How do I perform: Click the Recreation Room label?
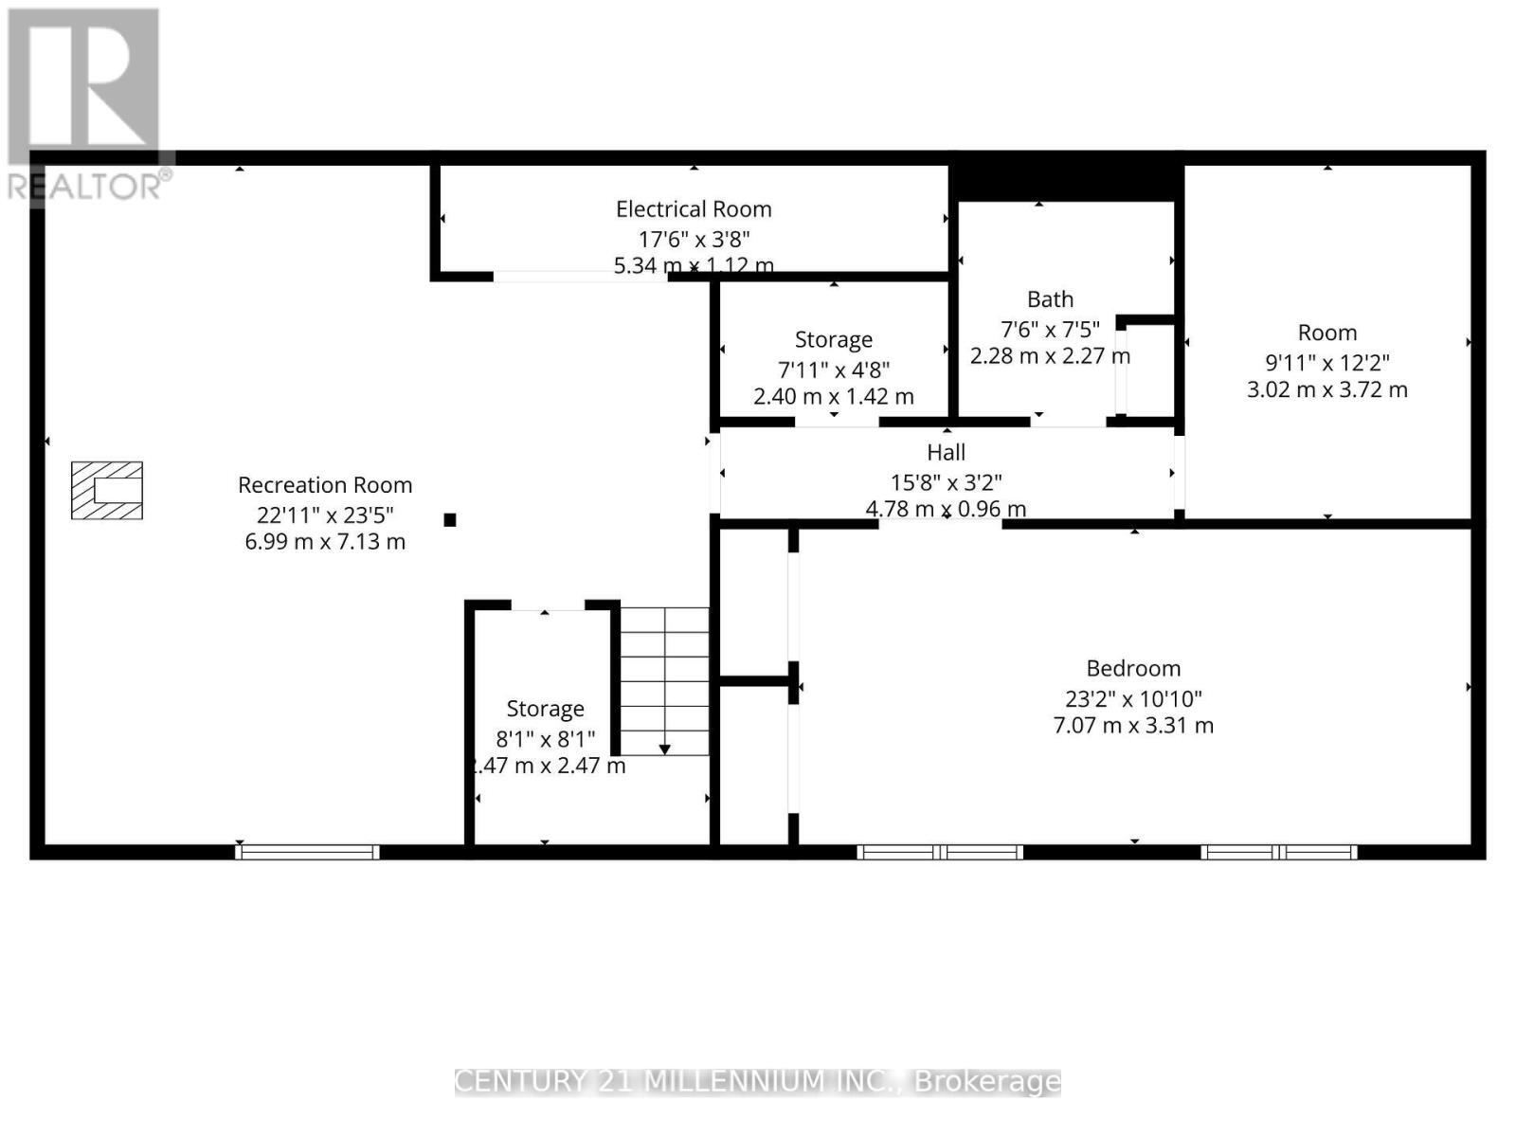[x=325, y=485]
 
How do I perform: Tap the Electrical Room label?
[x=694, y=209]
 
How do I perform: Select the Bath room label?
[x=1050, y=299]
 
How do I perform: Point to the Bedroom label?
[x=1133, y=668]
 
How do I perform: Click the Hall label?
[x=946, y=453]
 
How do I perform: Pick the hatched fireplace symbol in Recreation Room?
[x=107, y=490]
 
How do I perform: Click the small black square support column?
[x=450, y=519]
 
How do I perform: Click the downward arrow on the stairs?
[x=665, y=749]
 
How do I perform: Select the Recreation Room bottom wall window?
[x=307, y=852]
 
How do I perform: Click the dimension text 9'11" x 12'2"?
[x=1327, y=362]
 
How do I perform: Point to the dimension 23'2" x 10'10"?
[x=1133, y=698]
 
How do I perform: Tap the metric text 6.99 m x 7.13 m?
[x=325, y=542]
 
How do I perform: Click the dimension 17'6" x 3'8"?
[x=694, y=239]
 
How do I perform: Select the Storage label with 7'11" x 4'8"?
[x=834, y=339]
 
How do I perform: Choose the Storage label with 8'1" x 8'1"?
[x=545, y=709]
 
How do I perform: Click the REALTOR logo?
[x=87, y=104]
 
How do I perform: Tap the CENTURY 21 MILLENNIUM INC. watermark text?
[x=757, y=1081]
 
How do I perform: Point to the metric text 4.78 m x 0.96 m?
[x=946, y=509]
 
